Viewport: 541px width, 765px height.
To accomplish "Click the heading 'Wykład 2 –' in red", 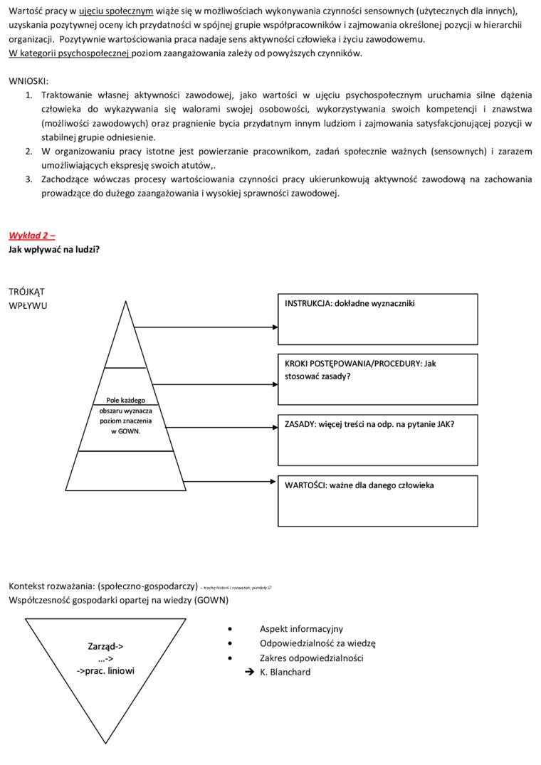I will click(32, 236).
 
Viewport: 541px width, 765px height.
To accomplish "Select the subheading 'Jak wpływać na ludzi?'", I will click(54, 249).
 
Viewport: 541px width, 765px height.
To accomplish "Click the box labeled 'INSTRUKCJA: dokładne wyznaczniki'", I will click(377, 317).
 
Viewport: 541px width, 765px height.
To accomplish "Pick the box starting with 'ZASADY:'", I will click(377, 439).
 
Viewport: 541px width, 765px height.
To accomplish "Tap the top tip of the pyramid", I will click(126, 302).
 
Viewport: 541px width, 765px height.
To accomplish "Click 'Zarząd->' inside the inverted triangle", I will click(105, 646).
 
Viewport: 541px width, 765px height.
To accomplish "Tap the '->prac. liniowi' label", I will click(105, 670).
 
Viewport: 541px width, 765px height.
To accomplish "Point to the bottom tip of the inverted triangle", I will click(107, 742).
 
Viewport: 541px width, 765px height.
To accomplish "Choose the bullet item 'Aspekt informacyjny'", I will click(301, 629).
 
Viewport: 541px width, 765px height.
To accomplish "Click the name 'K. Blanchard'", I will click(285, 672).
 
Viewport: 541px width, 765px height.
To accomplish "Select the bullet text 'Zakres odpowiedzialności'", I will click(311, 658).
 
